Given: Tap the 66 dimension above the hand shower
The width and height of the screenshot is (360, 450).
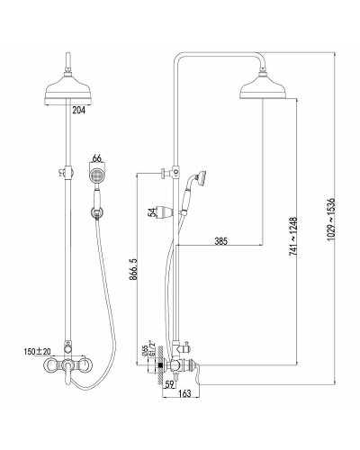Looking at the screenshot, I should point(98,157).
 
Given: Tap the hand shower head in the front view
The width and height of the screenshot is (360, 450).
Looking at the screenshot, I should point(96,175).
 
